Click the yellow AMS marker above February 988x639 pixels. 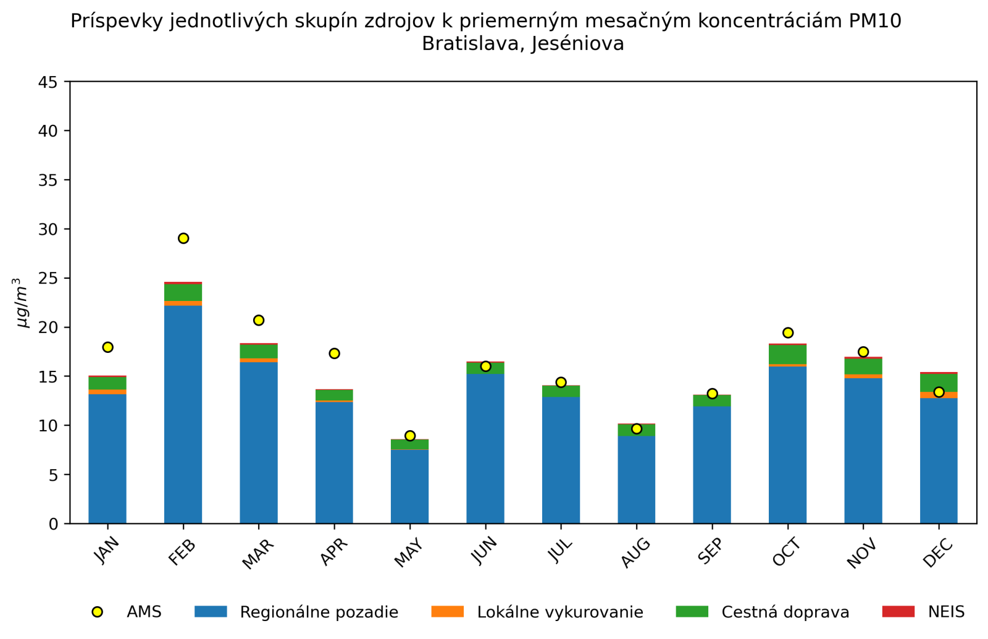pos(183,239)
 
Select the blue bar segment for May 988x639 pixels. pos(409,486)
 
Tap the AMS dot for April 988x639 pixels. pos(334,353)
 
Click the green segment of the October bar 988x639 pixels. pos(787,355)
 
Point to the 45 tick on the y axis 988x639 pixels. pos(50,82)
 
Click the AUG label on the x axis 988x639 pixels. pos(635,552)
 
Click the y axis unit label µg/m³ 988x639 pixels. pos(22,303)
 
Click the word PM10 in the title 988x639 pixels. pos(875,21)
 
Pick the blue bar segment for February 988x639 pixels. pos(183,414)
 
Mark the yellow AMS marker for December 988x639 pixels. pos(939,392)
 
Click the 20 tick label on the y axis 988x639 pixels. pos(50,328)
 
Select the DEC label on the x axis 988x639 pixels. pos(938,552)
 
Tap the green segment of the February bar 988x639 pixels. pos(183,292)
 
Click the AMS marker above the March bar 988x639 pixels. pos(259,320)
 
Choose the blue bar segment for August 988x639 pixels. pos(636,480)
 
